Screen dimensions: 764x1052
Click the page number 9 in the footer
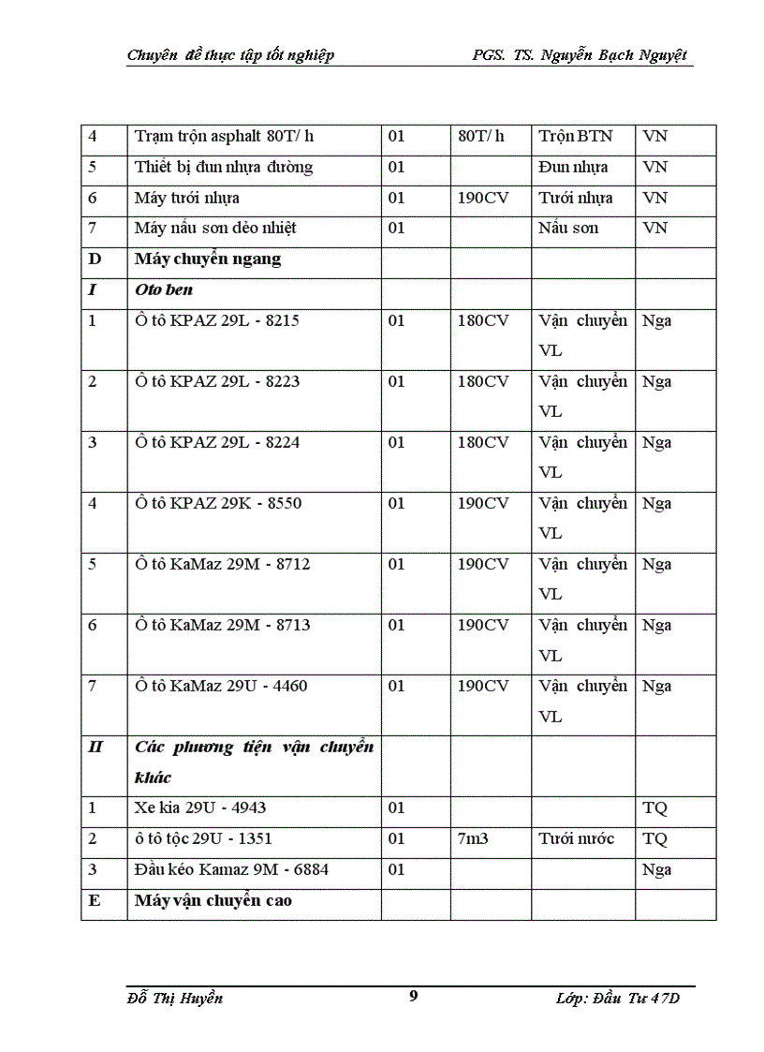click(414, 995)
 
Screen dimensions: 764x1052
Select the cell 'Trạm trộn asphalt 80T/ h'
click(224, 137)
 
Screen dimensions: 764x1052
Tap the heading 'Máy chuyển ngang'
click(207, 259)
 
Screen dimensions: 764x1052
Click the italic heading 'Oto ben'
click(164, 289)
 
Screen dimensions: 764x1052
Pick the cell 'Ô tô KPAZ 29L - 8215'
click(217, 320)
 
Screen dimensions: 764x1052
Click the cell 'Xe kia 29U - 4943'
click(193, 808)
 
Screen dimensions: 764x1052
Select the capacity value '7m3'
click(473, 838)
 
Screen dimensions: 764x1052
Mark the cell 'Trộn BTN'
click(575, 137)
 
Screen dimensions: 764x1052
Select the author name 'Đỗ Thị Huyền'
click(175, 998)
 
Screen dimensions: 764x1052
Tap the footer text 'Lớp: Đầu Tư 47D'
click(622, 999)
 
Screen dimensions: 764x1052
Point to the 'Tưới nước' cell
click(577, 838)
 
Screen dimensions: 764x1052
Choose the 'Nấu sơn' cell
click(568, 228)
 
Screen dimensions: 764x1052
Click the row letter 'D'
click(93, 259)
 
